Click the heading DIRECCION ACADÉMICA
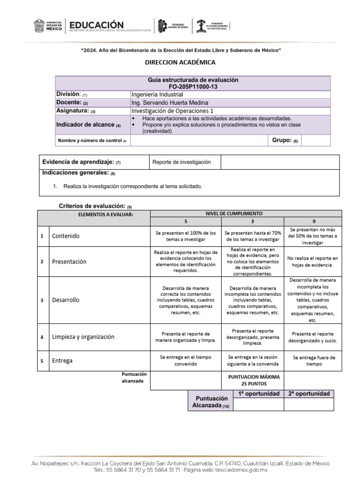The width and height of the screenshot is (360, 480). pos(180,62)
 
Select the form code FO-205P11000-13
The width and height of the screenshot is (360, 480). pos(193,87)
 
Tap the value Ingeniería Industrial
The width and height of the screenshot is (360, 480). pos(157,94)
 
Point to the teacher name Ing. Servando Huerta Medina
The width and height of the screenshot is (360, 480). pos(170,103)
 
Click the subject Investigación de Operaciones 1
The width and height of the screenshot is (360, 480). pos(172,111)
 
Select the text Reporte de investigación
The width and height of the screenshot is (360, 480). pos(182,162)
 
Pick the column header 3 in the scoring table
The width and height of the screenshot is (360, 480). pos(252,221)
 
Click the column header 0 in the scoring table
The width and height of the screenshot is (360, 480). pos(314,221)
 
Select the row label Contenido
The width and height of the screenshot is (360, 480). pos(66,236)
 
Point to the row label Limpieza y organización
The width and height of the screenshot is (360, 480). pos(83,337)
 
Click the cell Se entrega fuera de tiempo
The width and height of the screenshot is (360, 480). pos(314,360)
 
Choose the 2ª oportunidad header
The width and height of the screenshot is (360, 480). pos(309,394)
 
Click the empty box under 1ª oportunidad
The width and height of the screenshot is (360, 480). pos(258,405)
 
